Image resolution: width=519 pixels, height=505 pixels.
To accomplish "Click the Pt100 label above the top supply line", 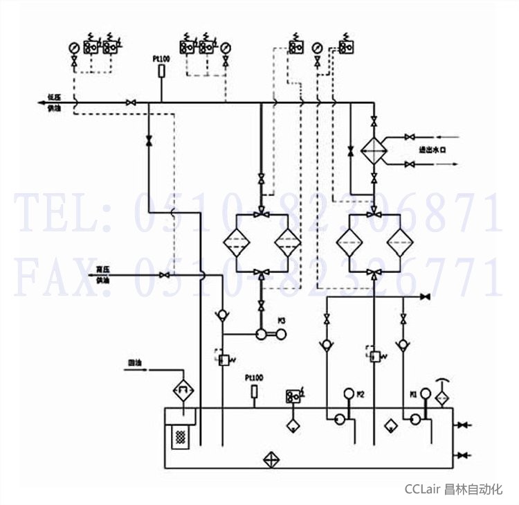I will point(161,60).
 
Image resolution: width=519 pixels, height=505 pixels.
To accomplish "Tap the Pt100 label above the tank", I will point(254,378).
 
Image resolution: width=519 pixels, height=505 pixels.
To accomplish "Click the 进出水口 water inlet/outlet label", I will point(430,150).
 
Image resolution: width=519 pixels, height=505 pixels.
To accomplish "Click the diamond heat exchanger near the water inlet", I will point(374,150).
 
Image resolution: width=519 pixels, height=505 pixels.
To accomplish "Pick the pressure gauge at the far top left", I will point(74,48).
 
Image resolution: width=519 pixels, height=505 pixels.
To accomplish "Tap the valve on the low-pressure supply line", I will point(130,103).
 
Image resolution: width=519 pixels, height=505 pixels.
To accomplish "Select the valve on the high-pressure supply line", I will point(164,275).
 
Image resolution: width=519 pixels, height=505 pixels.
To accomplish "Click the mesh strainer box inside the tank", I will point(181,437).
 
